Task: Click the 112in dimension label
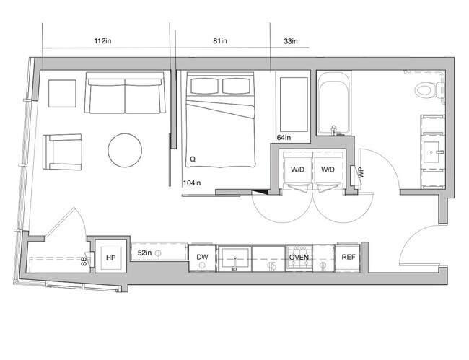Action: pos(103,42)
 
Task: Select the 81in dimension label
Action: pos(220,42)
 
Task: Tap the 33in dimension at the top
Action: pos(291,42)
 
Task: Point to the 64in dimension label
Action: pos(284,137)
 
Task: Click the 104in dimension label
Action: pos(192,183)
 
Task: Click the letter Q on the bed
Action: pos(192,158)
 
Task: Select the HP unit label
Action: pos(111,257)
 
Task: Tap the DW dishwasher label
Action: pos(202,257)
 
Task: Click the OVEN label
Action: pos(299,257)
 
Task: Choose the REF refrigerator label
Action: pos(348,257)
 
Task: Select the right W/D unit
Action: pos(328,170)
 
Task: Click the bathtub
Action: pos(333,105)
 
